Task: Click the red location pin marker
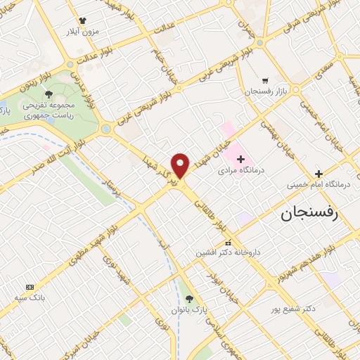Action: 181,165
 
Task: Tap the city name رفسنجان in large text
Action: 310,213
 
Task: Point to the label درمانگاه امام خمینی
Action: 314,186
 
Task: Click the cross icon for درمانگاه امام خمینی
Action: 319,174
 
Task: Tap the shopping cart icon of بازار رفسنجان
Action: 265,81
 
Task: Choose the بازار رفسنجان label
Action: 262,92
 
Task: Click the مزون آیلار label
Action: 83,32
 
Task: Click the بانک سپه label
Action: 32,298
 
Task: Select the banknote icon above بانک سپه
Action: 30,287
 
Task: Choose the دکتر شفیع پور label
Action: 292,308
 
